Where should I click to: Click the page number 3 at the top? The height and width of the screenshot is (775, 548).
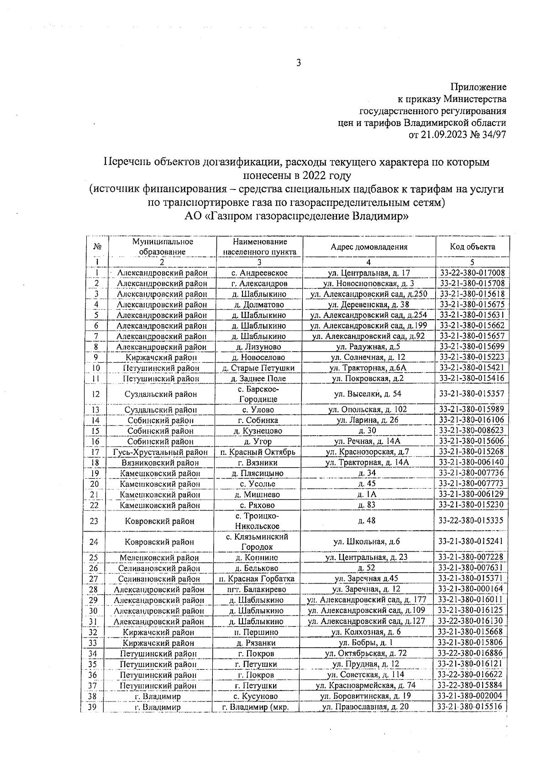pyautogui.click(x=298, y=63)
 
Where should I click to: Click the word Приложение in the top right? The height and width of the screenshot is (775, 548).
pyautogui.click(x=479, y=87)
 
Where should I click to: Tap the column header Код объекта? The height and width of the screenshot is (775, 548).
pyautogui.click(x=472, y=247)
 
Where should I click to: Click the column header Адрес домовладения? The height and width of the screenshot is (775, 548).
pyautogui.click(x=369, y=247)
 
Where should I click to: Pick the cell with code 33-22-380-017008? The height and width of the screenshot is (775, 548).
pyautogui.click(x=472, y=273)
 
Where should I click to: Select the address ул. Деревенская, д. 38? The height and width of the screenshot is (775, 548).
pyautogui.click(x=369, y=305)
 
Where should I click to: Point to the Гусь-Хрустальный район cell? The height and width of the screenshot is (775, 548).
pyautogui.click(x=160, y=452)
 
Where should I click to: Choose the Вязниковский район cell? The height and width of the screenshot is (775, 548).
pyautogui.click(x=160, y=463)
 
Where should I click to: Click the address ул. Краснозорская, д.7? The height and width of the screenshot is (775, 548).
pyautogui.click(x=369, y=452)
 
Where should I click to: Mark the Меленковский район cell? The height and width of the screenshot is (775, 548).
pyautogui.click(x=159, y=558)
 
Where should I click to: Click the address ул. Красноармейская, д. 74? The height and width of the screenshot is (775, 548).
pyautogui.click(x=366, y=685)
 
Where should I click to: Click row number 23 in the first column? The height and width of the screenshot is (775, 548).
pyautogui.click(x=94, y=521)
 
